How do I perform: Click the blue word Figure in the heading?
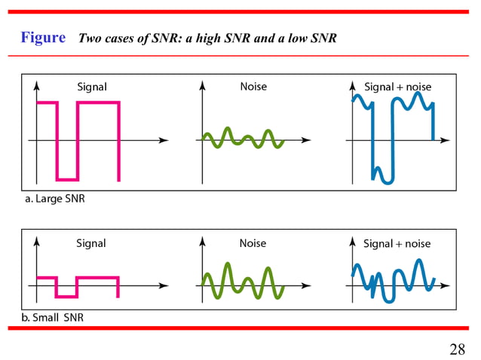tap(43, 38)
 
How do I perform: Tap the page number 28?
tap(457, 349)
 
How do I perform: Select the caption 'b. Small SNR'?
tap(53, 317)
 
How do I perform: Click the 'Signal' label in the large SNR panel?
tap(91, 87)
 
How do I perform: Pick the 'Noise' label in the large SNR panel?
tap(253, 87)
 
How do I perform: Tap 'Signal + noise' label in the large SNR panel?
tap(397, 87)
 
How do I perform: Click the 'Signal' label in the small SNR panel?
tap(90, 243)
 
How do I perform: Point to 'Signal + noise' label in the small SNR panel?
tap(397, 243)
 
